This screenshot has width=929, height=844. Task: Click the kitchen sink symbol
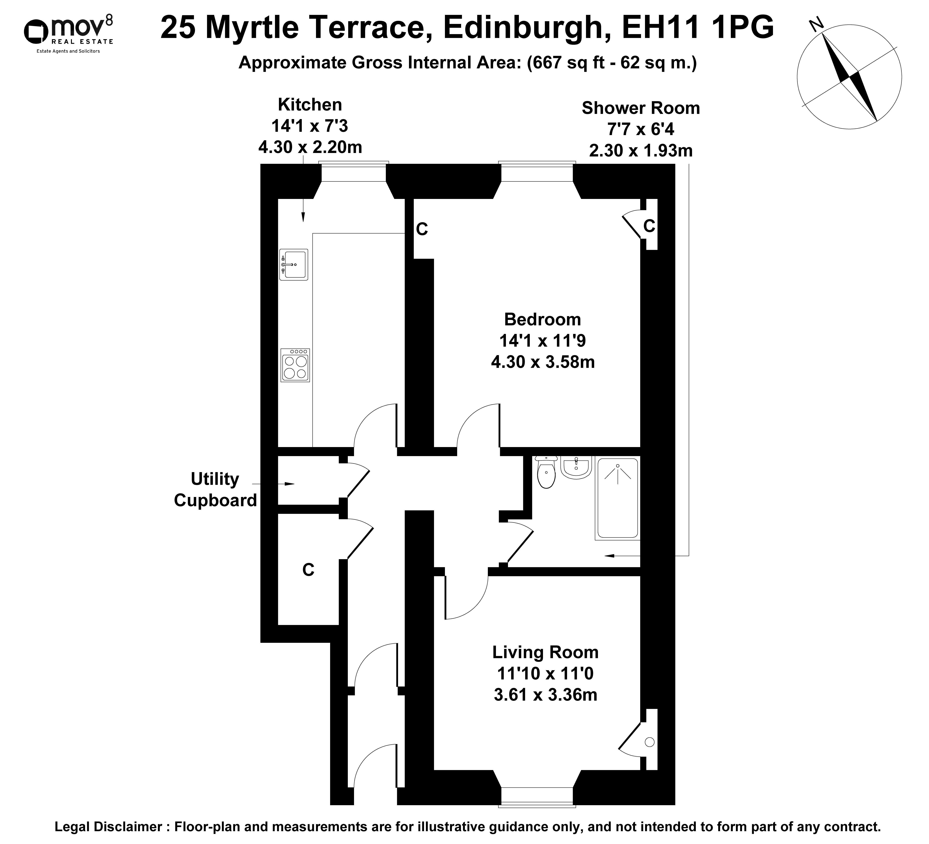point(293,265)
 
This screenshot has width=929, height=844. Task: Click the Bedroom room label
point(542,319)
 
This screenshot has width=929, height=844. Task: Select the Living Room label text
point(545,652)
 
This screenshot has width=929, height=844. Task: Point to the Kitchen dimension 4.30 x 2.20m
point(310,147)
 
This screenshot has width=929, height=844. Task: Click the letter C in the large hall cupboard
point(308,570)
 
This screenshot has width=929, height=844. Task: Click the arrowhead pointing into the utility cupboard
point(289,484)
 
